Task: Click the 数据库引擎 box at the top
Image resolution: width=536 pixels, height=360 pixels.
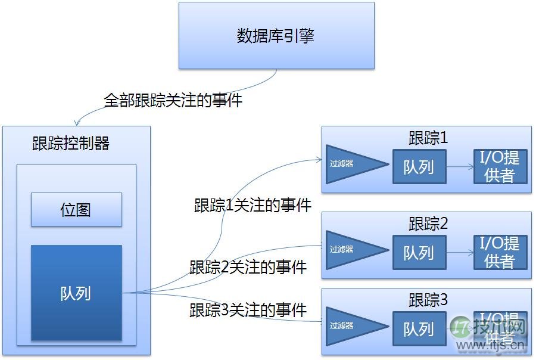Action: pyautogui.click(x=276, y=36)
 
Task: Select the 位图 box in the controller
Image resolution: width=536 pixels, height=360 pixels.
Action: pyautogui.click(x=76, y=209)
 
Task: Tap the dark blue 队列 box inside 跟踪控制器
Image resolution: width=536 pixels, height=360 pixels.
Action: pyautogui.click(x=76, y=293)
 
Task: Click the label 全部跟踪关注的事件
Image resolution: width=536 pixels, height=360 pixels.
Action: pyautogui.click(x=173, y=100)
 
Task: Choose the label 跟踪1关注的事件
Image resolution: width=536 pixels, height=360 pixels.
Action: pyautogui.click(x=253, y=206)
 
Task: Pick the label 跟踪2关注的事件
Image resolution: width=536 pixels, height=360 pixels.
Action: pyautogui.click(x=248, y=267)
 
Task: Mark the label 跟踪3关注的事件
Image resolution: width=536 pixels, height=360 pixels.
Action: pyautogui.click(x=248, y=310)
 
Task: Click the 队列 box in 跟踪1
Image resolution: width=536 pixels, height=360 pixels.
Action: pyautogui.click(x=419, y=166)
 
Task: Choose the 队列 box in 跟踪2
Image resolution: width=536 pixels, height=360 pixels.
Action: pyautogui.click(x=419, y=253)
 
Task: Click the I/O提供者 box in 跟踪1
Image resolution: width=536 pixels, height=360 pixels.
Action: pyautogui.click(x=500, y=166)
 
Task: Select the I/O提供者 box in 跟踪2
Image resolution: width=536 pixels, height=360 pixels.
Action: pyautogui.click(x=500, y=253)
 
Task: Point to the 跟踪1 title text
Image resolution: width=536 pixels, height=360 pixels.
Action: pyautogui.click(x=428, y=138)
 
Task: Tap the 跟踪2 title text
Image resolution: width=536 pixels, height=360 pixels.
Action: pyautogui.click(x=428, y=224)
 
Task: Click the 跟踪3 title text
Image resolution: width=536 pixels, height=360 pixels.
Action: pyautogui.click(x=428, y=300)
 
